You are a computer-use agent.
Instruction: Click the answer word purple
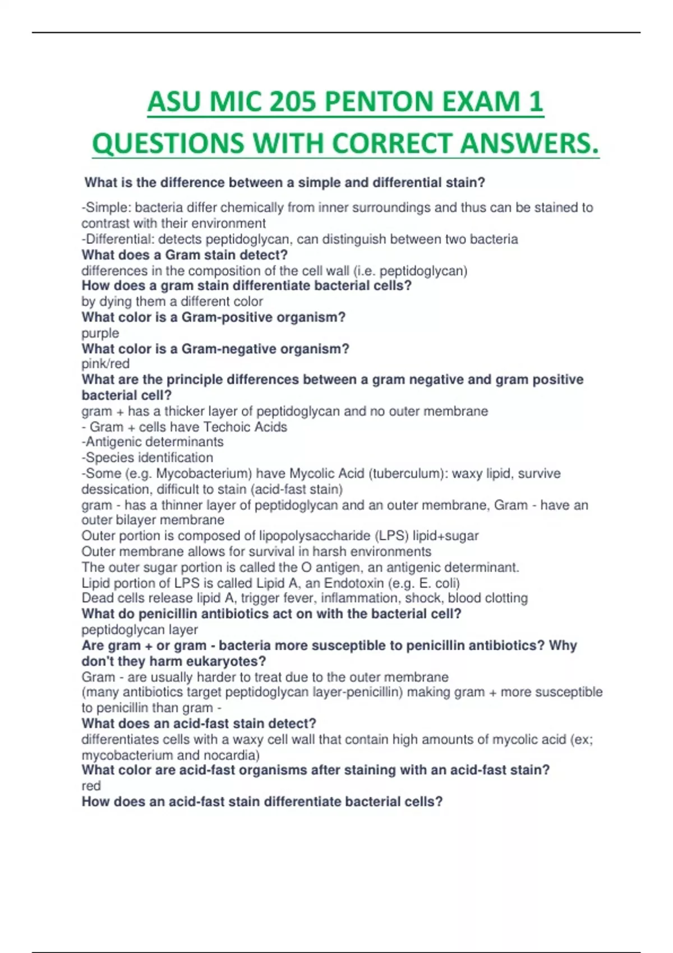(100, 333)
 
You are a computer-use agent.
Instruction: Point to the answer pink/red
(105, 364)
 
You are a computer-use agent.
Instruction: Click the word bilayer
(137, 520)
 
